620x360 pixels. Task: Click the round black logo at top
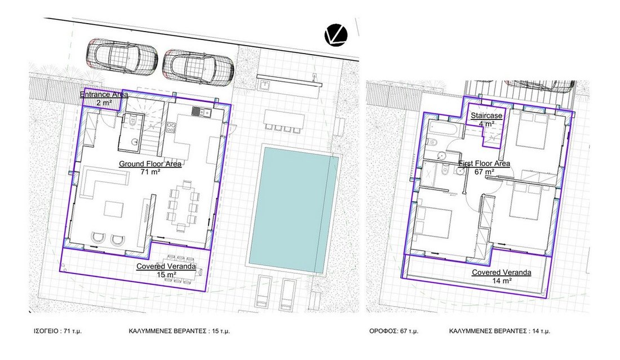pos(336,35)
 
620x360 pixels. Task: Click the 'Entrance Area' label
pos(104,95)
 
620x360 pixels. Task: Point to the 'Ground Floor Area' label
pos(150,164)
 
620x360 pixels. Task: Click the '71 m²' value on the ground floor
pos(150,172)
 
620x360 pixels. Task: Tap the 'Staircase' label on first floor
pos(486,116)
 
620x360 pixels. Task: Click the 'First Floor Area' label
pos(484,163)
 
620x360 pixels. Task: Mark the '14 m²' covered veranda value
pos(502,281)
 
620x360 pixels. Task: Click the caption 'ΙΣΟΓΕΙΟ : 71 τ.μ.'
pos(57,331)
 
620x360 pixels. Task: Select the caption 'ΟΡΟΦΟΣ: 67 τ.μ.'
pos(394,331)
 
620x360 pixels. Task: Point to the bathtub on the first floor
pos(443,130)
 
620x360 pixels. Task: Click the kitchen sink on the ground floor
pos(202,112)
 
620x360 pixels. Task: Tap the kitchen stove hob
pos(171,128)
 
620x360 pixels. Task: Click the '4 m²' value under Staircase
pos(486,124)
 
